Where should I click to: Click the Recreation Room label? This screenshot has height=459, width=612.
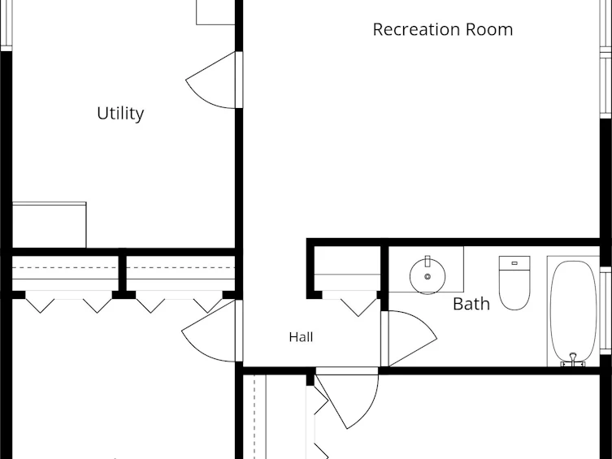(x=443, y=29)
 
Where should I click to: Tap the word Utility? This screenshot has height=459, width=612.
(x=120, y=114)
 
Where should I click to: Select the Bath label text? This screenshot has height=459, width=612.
(x=471, y=304)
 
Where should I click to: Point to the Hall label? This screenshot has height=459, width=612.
(x=301, y=337)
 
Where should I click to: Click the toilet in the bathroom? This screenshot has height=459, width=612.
(x=514, y=283)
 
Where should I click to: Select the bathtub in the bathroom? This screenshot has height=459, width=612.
(x=573, y=311)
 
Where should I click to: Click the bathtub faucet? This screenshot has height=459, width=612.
(x=573, y=360)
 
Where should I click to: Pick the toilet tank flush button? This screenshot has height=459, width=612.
(x=514, y=263)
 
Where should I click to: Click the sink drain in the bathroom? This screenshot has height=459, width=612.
(x=428, y=276)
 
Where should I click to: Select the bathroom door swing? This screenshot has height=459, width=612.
(x=409, y=339)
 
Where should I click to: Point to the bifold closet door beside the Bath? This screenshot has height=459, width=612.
(x=350, y=303)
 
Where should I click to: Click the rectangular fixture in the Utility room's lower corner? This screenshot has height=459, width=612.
(x=50, y=224)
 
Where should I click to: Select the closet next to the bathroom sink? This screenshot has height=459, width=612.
(x=347, y=269)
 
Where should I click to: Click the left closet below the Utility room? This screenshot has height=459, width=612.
(x=65, y=273)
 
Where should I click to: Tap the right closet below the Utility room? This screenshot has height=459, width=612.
(x=180, y=273)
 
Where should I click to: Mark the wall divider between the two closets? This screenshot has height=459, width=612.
(x=122, y=273)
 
